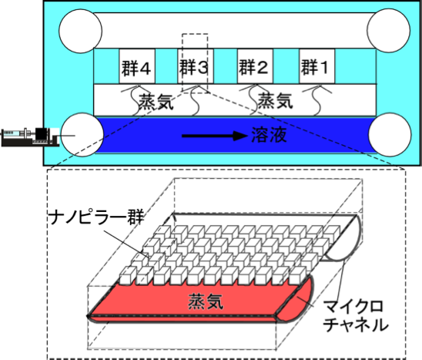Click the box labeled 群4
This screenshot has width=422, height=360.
pos(137,66)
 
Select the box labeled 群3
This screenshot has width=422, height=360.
pos(196,66)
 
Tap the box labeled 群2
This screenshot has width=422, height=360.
pos(255,66)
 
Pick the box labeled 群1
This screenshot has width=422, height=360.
pos(317,66)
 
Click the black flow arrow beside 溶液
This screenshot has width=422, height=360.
pos(215,136)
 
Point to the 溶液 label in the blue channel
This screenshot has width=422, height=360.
pos(269,134)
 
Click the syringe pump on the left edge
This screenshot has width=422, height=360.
pos(30,137)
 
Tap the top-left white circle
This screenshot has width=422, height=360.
pos(80,31)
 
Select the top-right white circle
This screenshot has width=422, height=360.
pos(389,30)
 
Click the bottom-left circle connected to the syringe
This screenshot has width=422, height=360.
pos(82,135)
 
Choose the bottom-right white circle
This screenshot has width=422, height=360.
pos(390,134)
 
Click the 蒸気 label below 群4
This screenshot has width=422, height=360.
pos(156,102)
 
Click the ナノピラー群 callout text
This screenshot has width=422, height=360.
pos(97,217)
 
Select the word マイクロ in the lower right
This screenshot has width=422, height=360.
pos(353,306)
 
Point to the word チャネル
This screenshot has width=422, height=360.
pos(356,325)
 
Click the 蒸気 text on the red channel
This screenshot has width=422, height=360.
pos(206,301)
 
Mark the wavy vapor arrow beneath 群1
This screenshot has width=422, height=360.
pos(317,99)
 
